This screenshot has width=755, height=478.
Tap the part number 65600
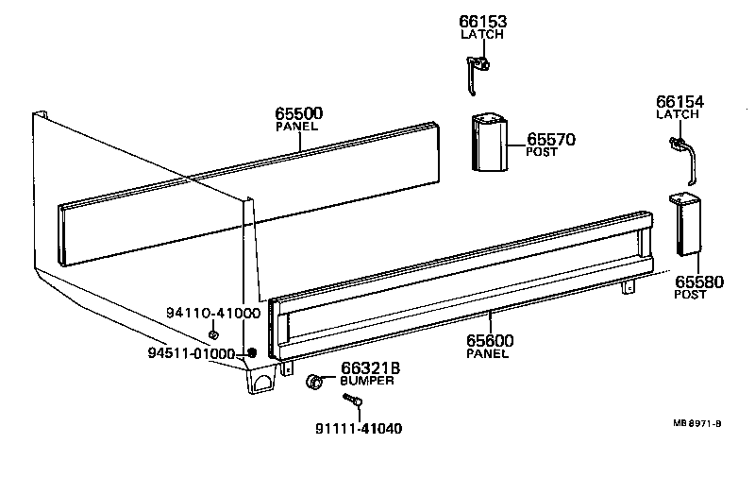[487, 339]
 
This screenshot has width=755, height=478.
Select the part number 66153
[482, 21]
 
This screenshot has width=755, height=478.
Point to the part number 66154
[679, 102]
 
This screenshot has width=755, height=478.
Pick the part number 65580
[697, 282]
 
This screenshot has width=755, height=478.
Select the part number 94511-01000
[191, 353]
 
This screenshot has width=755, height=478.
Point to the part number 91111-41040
[359, 428]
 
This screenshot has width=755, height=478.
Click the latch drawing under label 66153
[478, 70]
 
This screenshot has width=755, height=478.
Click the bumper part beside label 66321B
[313, 382]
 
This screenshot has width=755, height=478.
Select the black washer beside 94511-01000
[251, 354]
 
